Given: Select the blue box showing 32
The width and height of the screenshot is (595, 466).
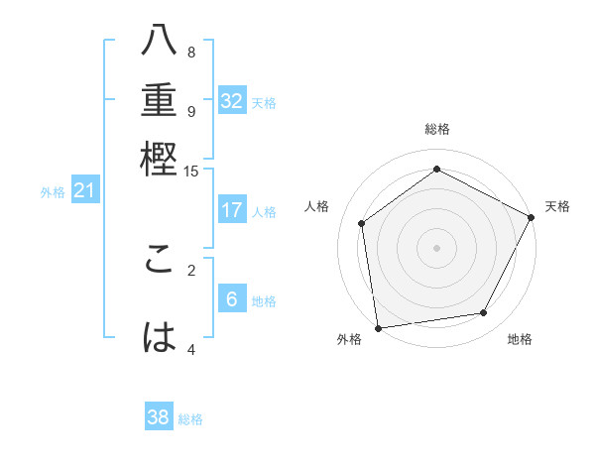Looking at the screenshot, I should point(232,101).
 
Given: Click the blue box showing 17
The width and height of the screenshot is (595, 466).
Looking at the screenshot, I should point(232,210).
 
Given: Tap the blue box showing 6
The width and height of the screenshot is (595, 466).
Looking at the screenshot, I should point(232,299).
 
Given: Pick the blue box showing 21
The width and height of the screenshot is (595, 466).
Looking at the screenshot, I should point(83,191).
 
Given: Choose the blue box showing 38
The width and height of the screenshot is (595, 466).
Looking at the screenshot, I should point(159,417).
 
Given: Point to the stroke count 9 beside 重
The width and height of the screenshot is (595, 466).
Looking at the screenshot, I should point(191,111).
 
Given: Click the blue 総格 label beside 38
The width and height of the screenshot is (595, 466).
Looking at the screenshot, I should point(190,419).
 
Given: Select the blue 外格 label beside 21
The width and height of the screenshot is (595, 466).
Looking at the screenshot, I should point(53,192).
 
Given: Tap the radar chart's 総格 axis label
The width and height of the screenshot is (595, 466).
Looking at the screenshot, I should point(436,129).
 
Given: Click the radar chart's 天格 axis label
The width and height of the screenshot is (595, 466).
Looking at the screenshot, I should point(557,206).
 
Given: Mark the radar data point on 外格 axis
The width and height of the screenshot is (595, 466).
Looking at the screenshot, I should point(378,327).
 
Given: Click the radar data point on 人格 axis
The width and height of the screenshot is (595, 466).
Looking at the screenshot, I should point(362,223).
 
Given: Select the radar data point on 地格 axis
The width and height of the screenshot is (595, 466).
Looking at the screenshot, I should point(484,312).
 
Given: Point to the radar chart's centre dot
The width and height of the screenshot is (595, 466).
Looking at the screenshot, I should point(436,247).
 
